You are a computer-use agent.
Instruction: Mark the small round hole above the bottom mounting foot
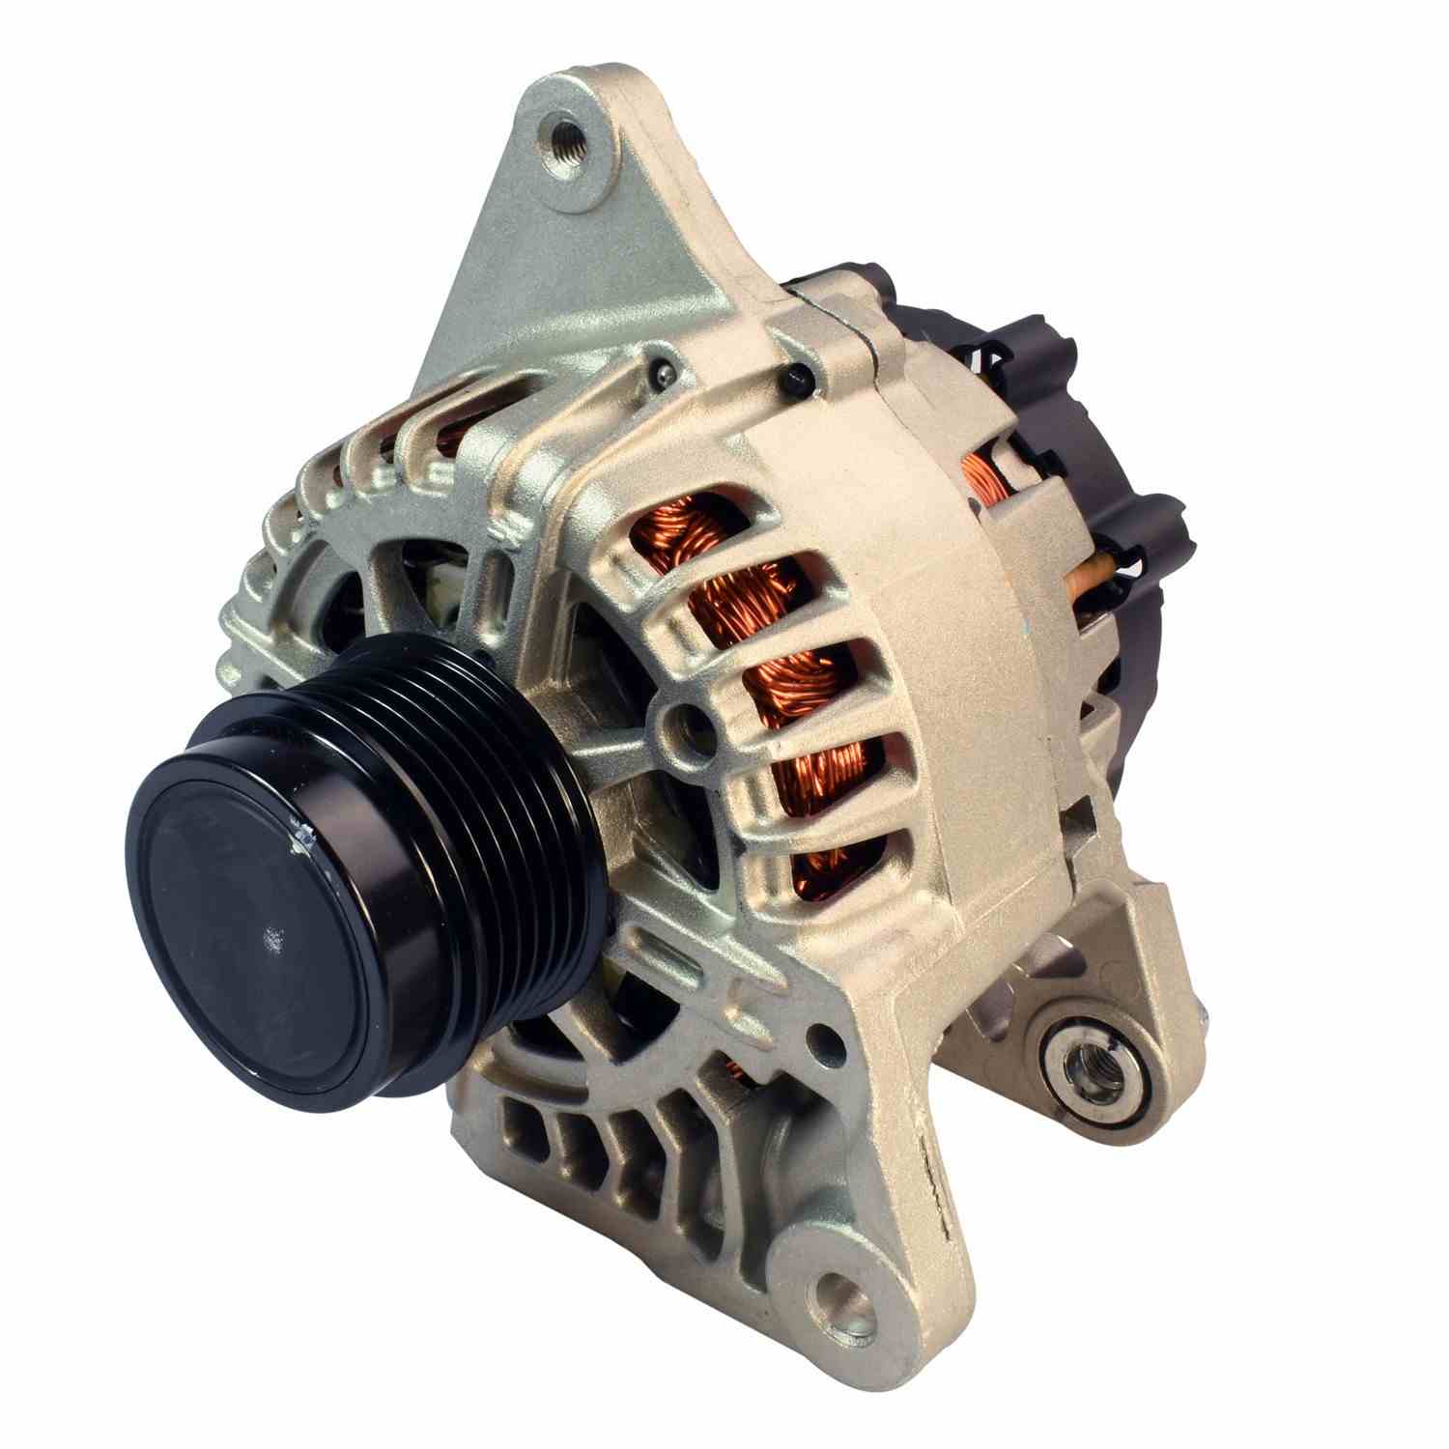pos(822,1038)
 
